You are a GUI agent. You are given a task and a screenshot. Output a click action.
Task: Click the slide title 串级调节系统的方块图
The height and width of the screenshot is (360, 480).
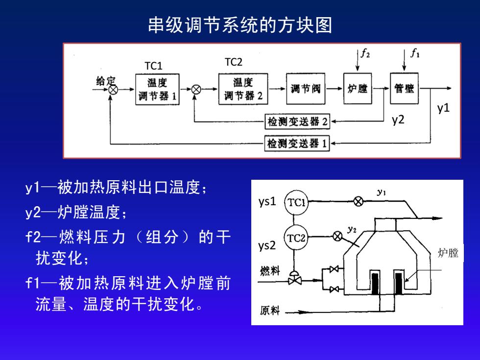240,25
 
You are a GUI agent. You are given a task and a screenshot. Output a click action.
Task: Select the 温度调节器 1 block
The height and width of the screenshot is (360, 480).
157,89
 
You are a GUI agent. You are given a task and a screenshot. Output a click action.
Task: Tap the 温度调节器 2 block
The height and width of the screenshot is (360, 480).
243,89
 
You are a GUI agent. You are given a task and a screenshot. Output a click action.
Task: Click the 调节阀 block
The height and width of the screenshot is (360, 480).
306,89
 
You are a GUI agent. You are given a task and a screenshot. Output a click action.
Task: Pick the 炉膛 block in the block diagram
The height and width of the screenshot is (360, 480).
358,89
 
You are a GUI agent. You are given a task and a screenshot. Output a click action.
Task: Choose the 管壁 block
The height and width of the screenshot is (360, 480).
404,88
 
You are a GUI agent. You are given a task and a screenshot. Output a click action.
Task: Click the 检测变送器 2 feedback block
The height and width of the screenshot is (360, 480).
297,121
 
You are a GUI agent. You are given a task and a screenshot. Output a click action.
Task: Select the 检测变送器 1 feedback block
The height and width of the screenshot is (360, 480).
297,143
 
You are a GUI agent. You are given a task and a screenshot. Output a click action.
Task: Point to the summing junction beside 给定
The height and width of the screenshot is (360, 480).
113,90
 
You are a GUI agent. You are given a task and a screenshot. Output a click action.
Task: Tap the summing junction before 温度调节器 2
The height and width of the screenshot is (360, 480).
196,89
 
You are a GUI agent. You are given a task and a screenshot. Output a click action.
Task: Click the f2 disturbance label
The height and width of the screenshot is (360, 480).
365,53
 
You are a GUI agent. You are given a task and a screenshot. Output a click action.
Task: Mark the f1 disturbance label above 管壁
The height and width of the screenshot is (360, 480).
415,53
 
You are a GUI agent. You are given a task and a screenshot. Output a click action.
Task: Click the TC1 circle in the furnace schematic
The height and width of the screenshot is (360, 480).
296,203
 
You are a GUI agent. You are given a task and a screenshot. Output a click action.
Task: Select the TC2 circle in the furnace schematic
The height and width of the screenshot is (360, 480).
296,238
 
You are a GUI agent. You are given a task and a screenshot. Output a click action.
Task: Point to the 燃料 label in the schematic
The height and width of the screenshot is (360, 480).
270,270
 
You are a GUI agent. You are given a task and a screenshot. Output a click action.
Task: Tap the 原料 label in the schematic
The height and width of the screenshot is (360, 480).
270,311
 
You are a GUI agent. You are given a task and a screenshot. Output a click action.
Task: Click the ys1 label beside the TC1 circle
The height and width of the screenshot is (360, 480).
267,202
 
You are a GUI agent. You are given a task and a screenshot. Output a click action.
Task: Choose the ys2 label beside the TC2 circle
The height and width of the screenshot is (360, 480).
267,245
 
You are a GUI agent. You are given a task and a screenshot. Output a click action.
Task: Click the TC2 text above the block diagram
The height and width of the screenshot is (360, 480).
234,62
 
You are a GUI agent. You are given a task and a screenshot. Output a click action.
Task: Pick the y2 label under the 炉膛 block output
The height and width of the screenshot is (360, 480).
398,120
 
